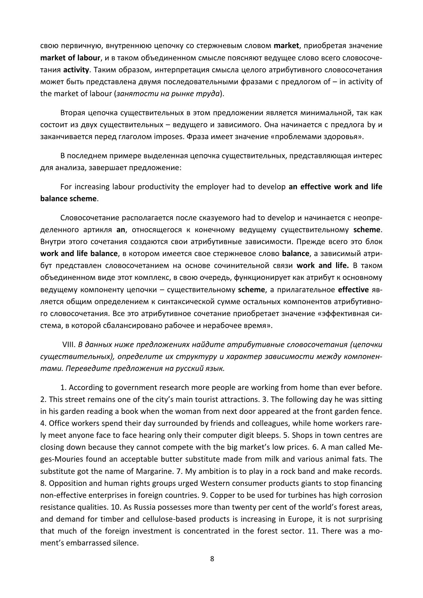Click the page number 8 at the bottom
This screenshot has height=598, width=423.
212,558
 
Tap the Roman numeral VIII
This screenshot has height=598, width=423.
69,344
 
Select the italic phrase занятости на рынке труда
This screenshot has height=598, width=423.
168,93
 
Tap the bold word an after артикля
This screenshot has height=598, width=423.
121,229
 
